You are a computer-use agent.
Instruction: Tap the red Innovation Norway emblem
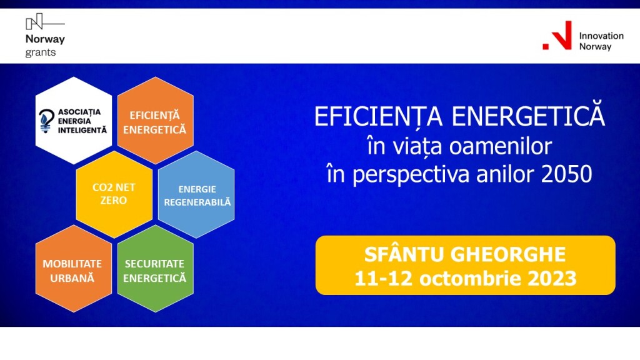pos(557,36)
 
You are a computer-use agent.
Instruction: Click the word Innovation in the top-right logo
pos(601,36)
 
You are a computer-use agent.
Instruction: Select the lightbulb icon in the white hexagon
pos(46,121)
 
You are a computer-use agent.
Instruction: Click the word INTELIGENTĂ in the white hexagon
pos(82,130)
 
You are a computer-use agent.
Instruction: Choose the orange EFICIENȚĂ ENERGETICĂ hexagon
pos(156,121)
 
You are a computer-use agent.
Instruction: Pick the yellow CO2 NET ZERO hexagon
pos(114,194)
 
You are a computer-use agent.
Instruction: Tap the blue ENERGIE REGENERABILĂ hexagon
pos(196,194)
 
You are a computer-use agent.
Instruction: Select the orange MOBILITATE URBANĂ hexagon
pos(74,269)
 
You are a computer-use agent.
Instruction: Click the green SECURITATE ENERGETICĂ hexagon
pos(156,269)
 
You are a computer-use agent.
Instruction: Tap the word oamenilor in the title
pos(501,146)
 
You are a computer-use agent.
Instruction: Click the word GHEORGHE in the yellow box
pos(509,255)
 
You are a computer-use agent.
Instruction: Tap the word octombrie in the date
pos(469,279)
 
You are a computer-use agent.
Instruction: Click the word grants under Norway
pos(41,52)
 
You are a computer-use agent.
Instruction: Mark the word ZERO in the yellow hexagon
pos(114,201)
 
